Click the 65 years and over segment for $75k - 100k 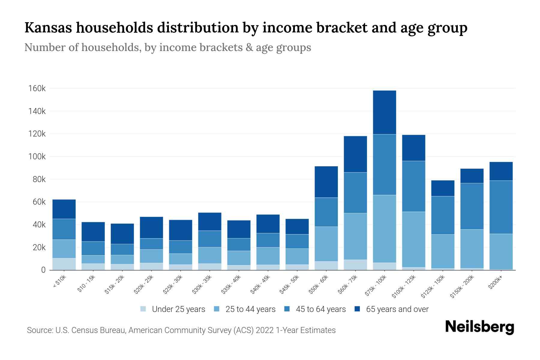[x=384, y=112]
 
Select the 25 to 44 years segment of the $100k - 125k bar [x=413, y=239]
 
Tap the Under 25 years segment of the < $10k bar [x=64, y=264]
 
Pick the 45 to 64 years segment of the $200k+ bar [x=501, y=207]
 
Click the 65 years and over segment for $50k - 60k [x=326, y=182]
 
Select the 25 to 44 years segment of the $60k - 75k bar [x=355, y=236]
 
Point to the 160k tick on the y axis [x=37, y=88]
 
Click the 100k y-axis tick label [x=37, y=157]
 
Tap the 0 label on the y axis [x=43, y=270]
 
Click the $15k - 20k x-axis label [x=115, y=284]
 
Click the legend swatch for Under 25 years [x=143, y=309]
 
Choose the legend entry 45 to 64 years [x=321, y=309]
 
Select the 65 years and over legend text [x=397, y=309]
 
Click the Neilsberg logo [x=479, y=327]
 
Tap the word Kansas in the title [x=48, y=28]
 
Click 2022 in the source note [x=265, y=330]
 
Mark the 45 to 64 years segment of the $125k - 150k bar [x=442, y=215]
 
